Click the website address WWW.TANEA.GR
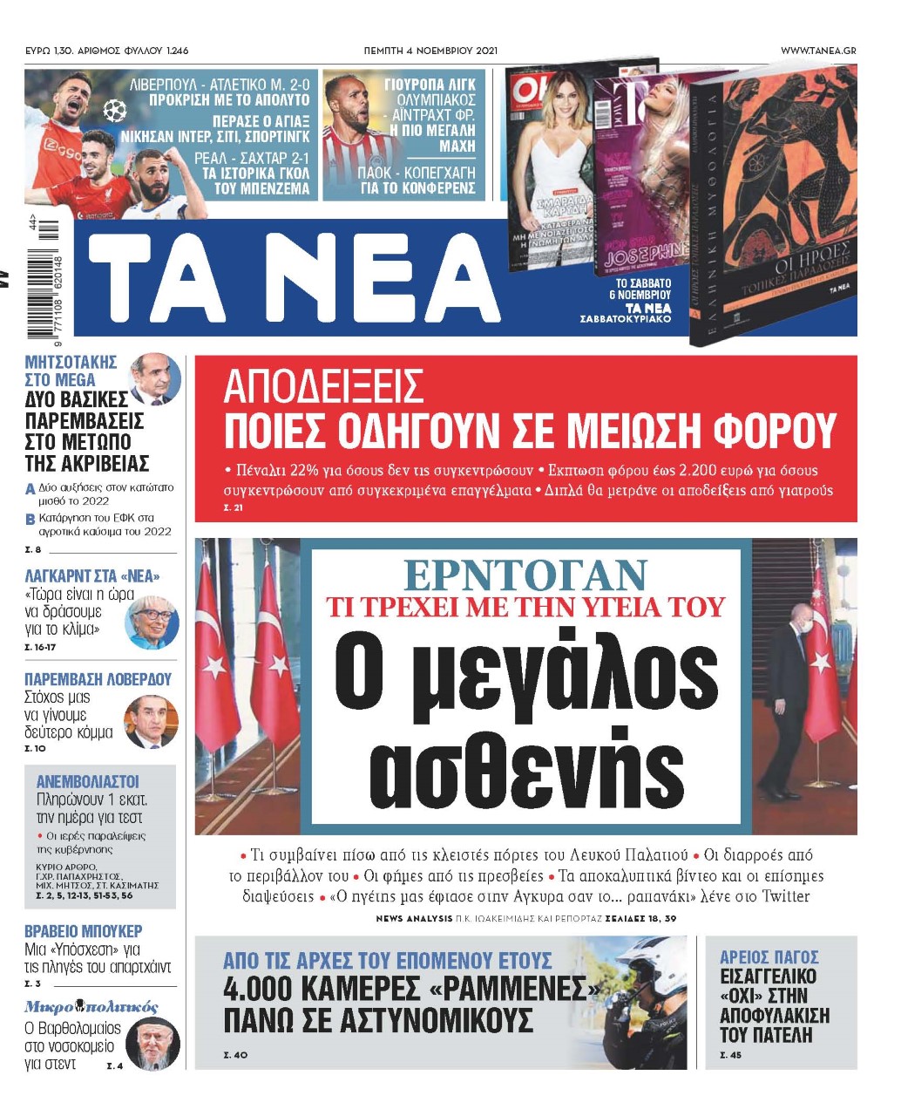(817, 51)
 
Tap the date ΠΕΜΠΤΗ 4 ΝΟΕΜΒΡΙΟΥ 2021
(430, 51)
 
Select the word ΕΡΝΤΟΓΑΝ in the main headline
(525, 575)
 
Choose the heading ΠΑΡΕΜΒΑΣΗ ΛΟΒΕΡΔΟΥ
(98, 679)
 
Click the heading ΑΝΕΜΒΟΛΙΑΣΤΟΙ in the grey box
(88, 781)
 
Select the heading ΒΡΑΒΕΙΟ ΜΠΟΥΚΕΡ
(84, 931)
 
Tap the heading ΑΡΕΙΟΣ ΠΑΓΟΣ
(769, 957)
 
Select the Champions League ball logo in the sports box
(115, 111)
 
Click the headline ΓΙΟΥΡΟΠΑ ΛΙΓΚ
(430, 85)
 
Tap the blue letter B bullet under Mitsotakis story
(30, 520)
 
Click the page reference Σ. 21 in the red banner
(234, 507)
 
